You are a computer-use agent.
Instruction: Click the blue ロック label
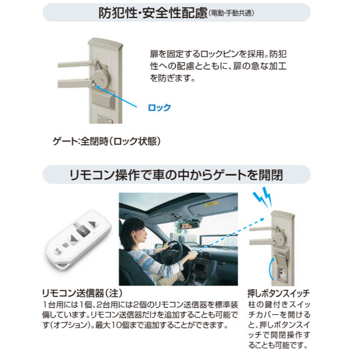[159, 108]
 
